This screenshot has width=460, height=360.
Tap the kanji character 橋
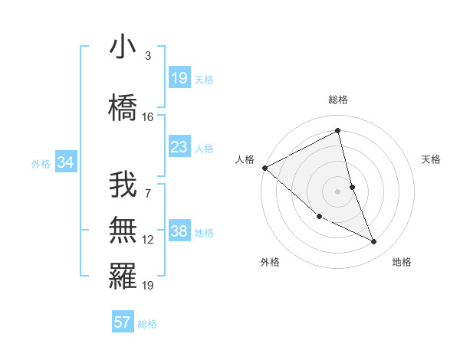[123, 107]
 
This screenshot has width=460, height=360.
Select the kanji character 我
[123, 187]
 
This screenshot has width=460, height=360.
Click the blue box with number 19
[179, 77]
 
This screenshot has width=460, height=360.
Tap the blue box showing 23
[179, 146]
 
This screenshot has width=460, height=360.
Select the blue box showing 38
[179, 231]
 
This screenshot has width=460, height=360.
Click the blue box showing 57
[123, 322]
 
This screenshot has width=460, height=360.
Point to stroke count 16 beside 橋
[148, 116]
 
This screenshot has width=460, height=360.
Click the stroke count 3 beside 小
[148, 56]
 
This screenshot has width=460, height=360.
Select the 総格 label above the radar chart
[338, 100]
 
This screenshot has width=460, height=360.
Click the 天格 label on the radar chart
[432, 159]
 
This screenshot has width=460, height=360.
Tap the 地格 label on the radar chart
[402, 262]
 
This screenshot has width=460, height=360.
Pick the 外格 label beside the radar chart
[270, 262]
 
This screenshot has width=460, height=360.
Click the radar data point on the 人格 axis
[265, 167]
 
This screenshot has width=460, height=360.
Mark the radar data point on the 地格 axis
[374, 241]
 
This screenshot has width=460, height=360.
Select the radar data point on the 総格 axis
[338, 131]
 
